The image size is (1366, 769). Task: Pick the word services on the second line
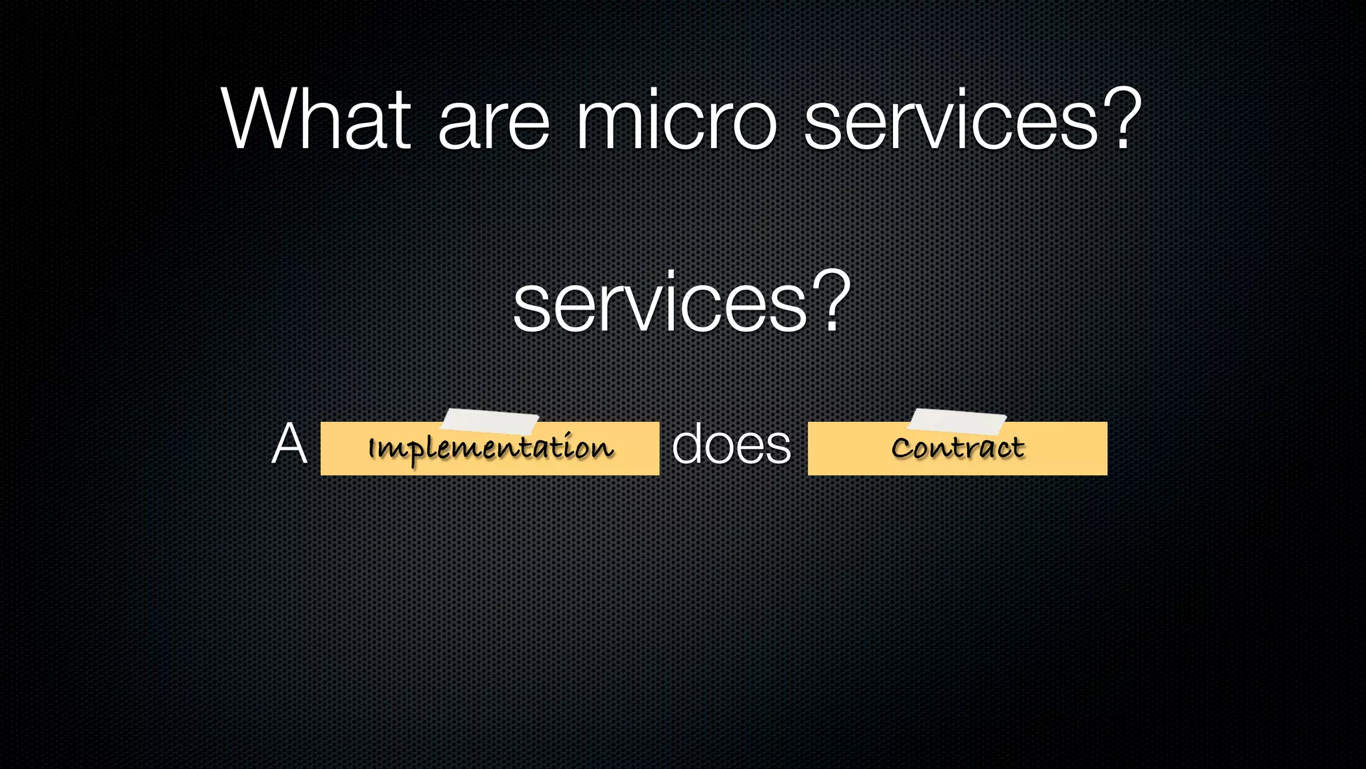coord(660,304)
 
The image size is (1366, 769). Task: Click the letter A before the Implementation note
coord(289,444)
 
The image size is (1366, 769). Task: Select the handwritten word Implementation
coord(490,448)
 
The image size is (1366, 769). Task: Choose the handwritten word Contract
coord(958,448)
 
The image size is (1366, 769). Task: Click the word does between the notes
coord(731,444)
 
